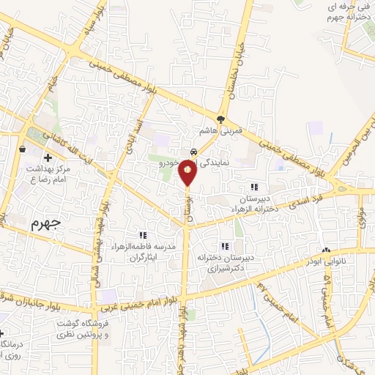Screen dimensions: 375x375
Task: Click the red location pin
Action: [188, 171]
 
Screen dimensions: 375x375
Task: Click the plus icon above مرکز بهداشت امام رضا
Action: [48, 157]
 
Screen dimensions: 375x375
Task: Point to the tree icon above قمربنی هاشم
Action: [221, 119]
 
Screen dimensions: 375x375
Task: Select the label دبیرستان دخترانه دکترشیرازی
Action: [224, 262]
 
